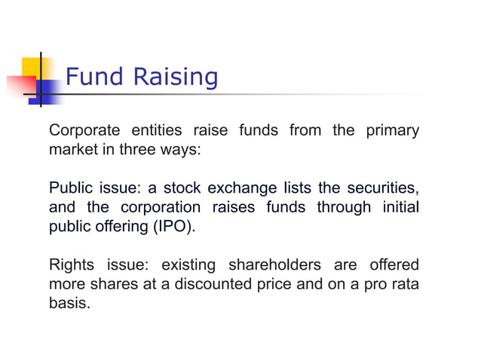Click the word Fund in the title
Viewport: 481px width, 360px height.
[95, 76]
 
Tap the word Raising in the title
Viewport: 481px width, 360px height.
[174, 77]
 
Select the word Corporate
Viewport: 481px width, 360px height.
[84, 130]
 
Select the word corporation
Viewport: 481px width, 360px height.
[161, 207]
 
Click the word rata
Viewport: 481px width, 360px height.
[403, 285]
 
